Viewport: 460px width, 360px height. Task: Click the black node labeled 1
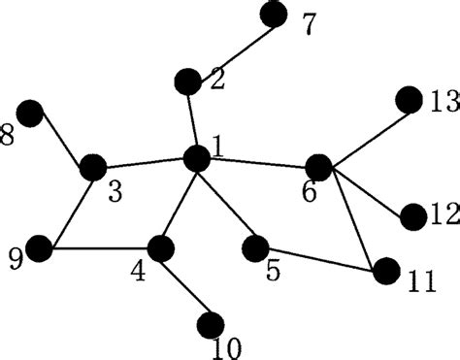tap(197, 157)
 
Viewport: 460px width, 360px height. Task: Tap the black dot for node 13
tap(409, 99)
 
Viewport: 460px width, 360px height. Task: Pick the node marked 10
tap(210, 324)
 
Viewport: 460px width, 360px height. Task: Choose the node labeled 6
tap(318, 166)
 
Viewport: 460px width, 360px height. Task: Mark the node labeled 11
tap(386, 271)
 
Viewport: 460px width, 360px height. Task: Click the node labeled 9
tap(41, 248)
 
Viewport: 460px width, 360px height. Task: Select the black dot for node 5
tap(256, 248)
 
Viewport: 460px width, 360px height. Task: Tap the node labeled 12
tap(412, 216)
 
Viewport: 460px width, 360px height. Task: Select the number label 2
tap(216, 81)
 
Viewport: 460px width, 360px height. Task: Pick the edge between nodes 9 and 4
tap(100, 248)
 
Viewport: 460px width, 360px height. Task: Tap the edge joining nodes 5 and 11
tap(321, 260)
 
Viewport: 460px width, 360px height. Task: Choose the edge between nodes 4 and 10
tap(185, 286)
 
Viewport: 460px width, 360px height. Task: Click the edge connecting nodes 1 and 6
tap(257, 161)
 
